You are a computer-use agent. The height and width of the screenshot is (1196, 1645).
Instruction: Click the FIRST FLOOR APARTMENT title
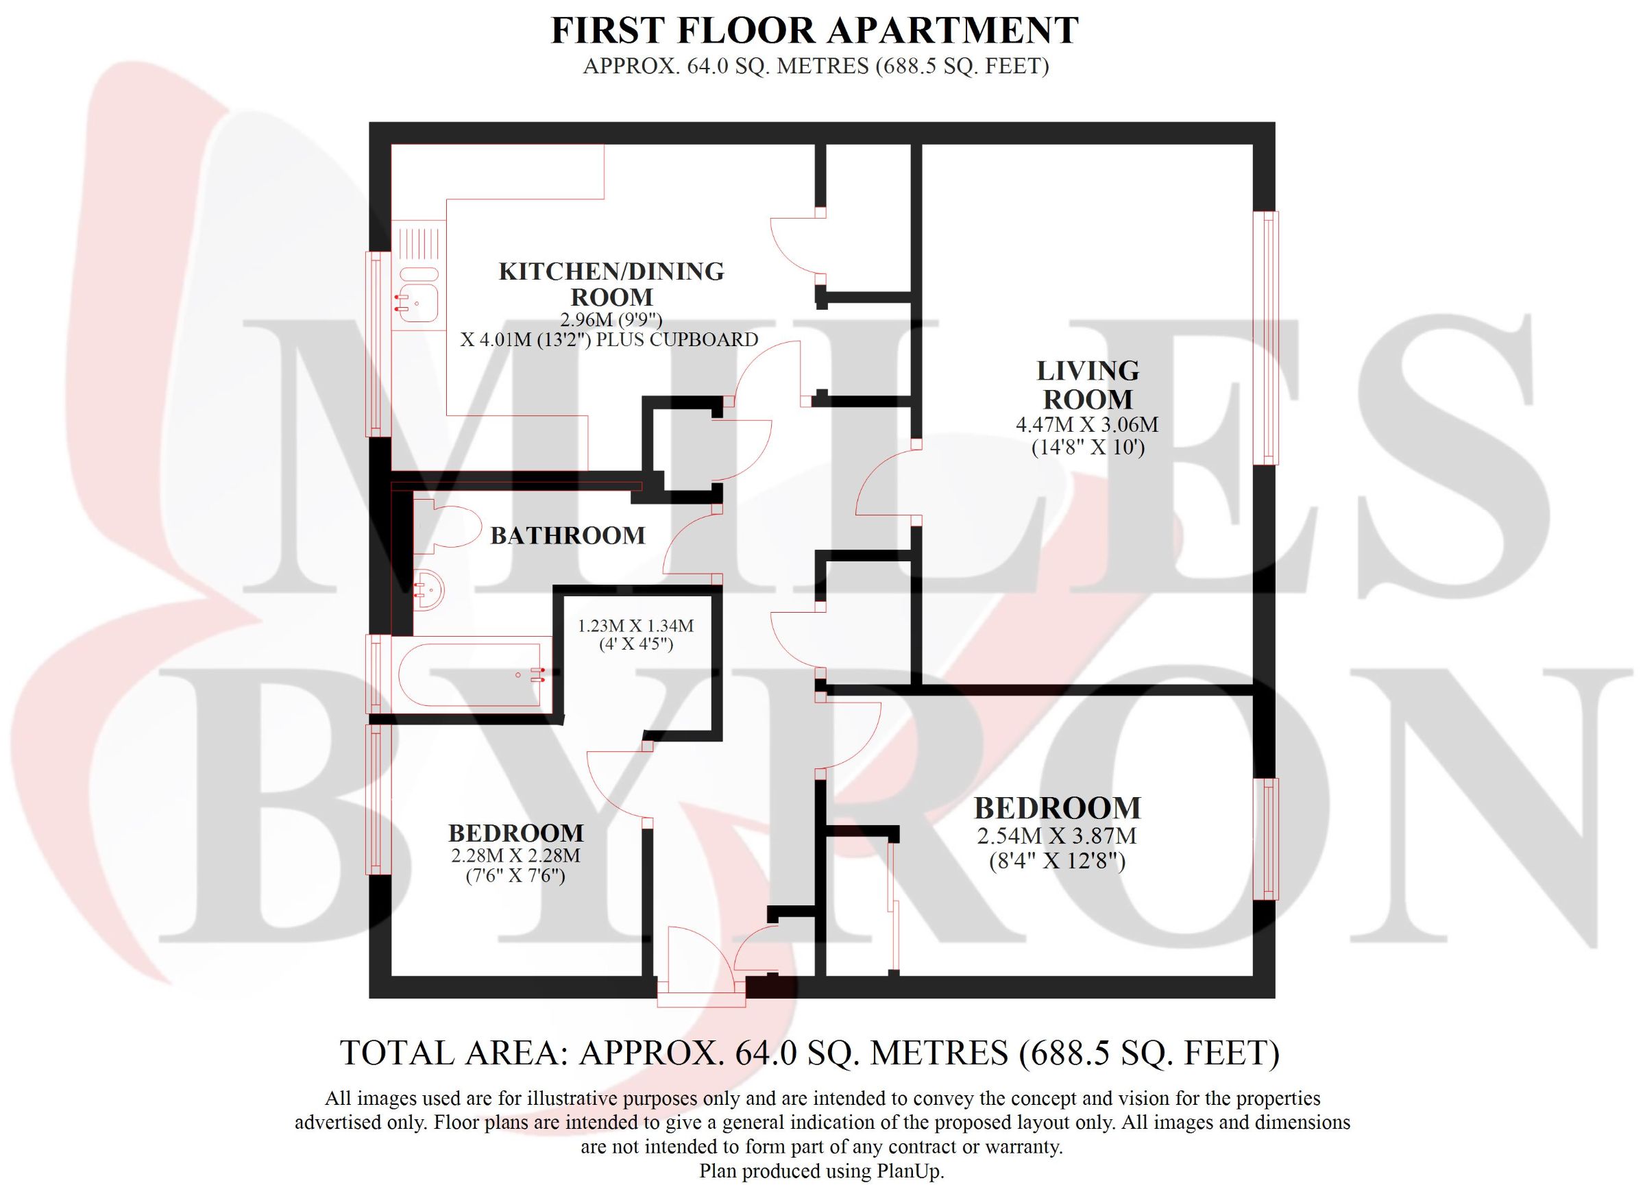click(815, 30)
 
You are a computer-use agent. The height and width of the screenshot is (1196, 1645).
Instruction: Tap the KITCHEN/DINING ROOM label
click(611, 284)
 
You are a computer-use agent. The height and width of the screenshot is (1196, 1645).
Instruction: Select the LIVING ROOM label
click(1087, 385)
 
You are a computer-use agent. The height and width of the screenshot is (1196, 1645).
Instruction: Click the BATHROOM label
click(568, 536)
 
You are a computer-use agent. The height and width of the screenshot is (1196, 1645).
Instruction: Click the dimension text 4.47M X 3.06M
click(1087, 424)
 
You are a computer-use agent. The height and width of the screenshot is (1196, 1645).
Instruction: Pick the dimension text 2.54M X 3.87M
click(1057, 836)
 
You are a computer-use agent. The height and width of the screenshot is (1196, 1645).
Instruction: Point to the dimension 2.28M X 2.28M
click(515, 856)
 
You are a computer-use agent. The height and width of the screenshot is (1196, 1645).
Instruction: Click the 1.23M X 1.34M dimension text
click(635, 626)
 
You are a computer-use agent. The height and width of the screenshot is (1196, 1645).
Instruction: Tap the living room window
click(1266, 337)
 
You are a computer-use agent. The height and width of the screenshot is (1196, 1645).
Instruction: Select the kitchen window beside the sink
click(377, 344)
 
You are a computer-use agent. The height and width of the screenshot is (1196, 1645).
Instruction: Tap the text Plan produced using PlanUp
click(821, 1171)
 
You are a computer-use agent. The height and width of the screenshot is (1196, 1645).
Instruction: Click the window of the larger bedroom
click(1266, 839)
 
